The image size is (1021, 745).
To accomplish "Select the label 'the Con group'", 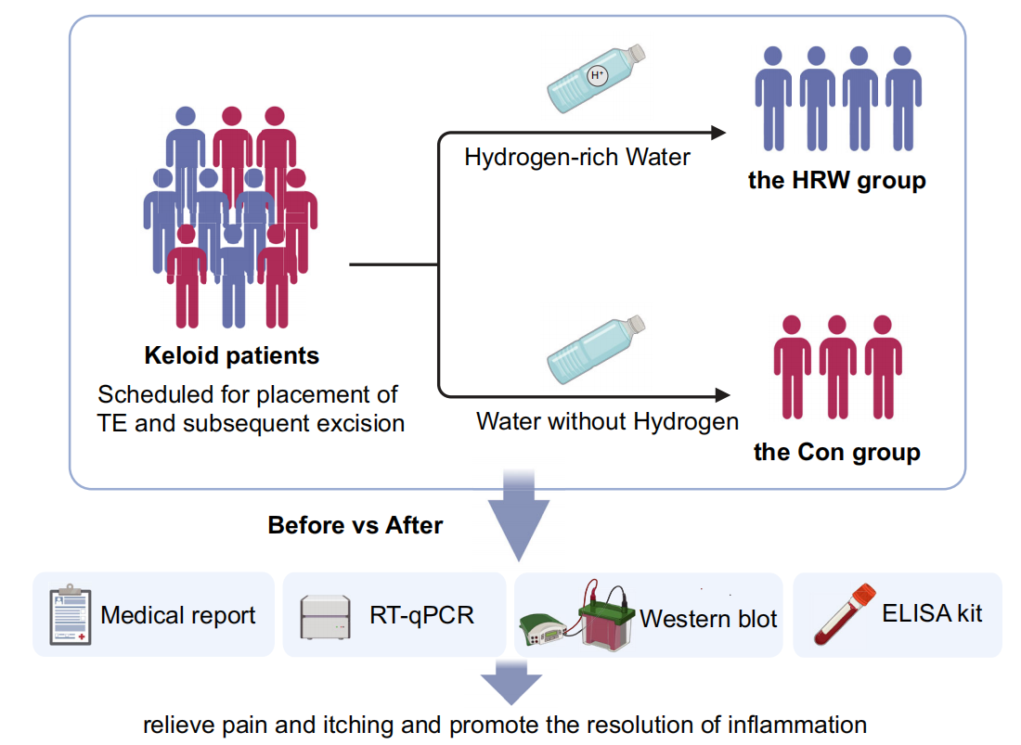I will [836, 452].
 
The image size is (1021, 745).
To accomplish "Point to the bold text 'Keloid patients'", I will [231, 355].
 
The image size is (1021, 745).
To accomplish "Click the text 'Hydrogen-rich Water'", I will [577, 157].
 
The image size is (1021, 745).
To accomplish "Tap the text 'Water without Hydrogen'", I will [607, 421].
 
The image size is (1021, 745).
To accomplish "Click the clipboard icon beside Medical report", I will [70, 614].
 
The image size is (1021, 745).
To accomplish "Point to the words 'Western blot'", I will [708, 619].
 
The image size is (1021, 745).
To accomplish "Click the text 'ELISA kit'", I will [933, 612].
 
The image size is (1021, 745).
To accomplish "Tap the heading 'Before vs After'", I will [355, 525].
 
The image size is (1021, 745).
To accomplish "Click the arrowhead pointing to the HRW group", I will [717, 134].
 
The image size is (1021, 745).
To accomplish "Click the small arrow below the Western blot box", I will [510, 682].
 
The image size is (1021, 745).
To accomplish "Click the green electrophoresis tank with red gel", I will [607, 618].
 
